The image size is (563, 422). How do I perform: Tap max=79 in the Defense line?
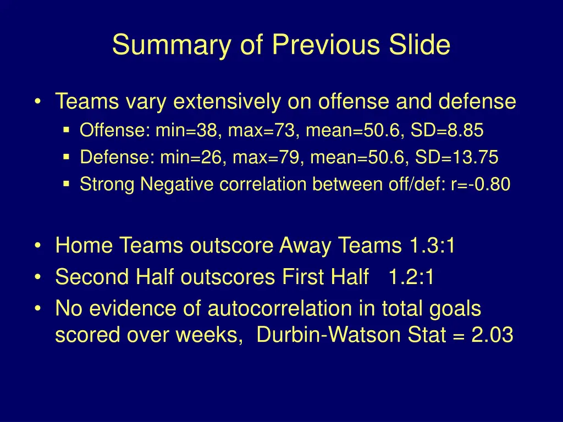(267, 158)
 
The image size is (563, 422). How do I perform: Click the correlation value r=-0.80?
(480, 185)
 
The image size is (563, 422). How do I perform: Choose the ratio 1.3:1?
(432, 246)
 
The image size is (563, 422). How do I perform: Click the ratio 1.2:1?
(411, 277)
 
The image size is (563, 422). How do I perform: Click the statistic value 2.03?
(493, 335)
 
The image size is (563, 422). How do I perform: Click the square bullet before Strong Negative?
(67, 185)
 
